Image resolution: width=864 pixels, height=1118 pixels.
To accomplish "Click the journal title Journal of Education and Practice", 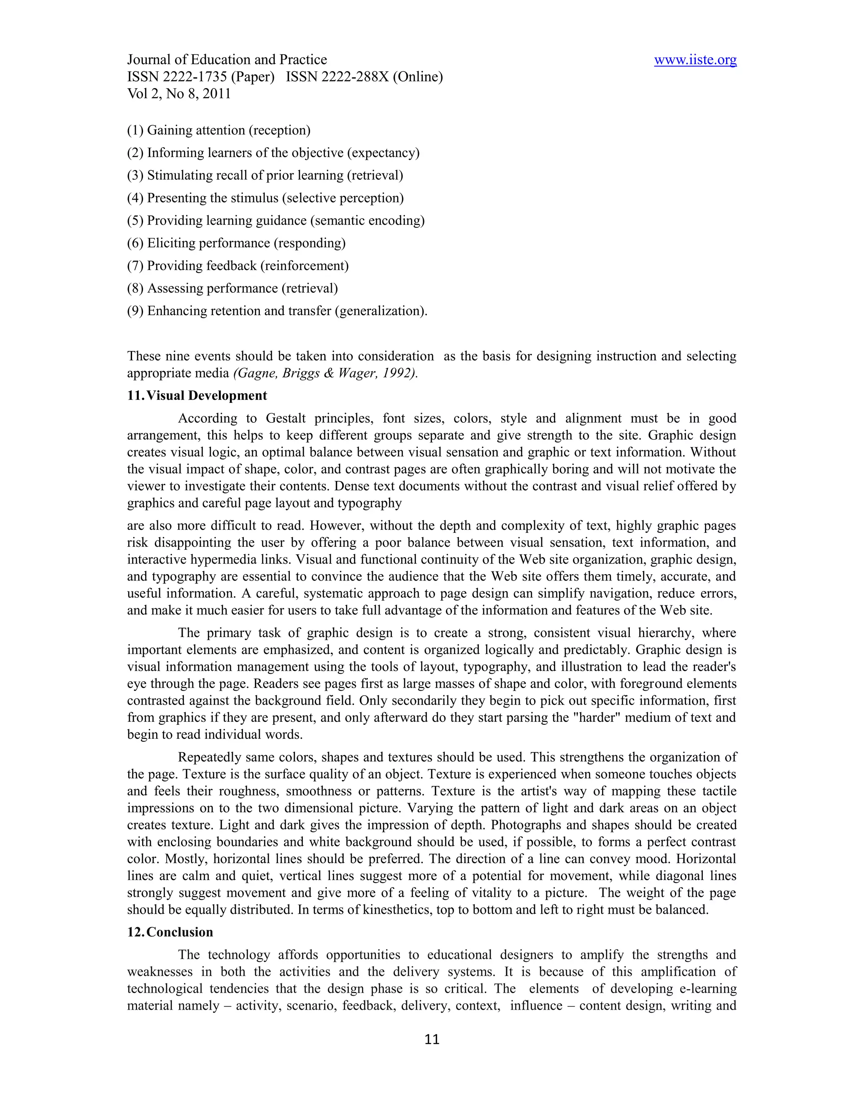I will click(227, 60).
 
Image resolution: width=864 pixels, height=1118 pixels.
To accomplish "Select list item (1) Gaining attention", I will click(219, 130).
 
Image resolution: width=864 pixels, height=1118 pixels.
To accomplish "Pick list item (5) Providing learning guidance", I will click(275, 221).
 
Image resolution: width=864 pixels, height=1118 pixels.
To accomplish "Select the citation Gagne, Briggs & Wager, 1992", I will click(325, 373).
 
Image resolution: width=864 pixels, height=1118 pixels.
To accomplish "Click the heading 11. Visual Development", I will click(197, 396).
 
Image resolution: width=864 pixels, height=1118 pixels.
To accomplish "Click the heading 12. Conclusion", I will click(170, 932).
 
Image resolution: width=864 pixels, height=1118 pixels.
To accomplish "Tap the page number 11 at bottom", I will click(432, 1039).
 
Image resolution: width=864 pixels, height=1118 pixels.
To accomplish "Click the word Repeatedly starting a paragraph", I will click(210, 757).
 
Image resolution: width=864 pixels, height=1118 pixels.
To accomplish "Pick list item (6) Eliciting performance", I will click(236, 243).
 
